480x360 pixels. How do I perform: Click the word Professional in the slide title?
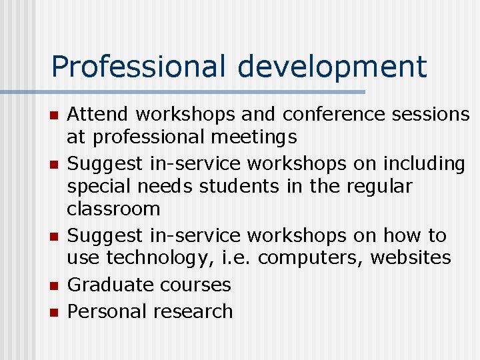pyautogui.click(x=140, y=67)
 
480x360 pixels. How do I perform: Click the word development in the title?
pyautogui.click(x=331, y=67)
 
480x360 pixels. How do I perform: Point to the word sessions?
pyautogui.click(x=432, y=115)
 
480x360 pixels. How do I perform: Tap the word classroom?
pyautogui.click(x=113, y=209)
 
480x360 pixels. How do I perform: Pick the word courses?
pyautogui.click(x=191, y=285)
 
